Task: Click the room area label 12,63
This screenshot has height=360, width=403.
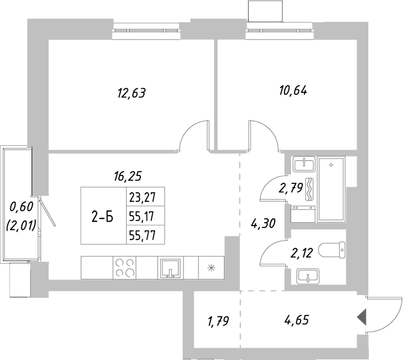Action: tap(131, 92)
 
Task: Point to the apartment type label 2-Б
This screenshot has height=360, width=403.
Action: tap(104, 216)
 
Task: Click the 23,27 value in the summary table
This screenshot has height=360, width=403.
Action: tap(142, 197)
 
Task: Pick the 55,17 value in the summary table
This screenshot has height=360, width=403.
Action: tap(142, 216)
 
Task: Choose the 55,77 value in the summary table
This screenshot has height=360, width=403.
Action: tap(142, 236)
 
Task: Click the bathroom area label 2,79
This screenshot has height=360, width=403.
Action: tap(291, 188)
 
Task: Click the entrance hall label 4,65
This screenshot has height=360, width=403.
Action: tap(297, 320)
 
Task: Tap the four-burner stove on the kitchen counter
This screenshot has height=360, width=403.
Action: tap(125, 268)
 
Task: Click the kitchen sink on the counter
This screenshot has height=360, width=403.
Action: tap(171, 268)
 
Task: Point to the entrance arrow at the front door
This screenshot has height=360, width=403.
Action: tap(362, 316)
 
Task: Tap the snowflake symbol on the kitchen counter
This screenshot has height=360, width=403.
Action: tap(212, 268)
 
